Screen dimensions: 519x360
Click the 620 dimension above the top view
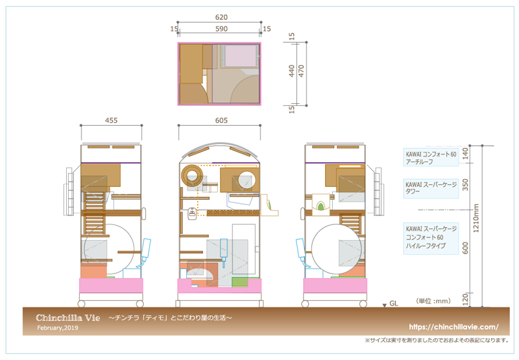[221, 18]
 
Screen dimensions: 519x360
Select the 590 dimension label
[221, 29]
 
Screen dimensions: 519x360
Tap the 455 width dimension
[111, 121]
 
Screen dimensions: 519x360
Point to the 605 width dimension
[221, 121]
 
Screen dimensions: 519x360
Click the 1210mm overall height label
[476, 218]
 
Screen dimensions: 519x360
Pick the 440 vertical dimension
[291, 71]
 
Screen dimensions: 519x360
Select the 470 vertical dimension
[301, 71]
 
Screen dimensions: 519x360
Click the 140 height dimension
[465, 154]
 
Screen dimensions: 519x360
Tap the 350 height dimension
[465, 185]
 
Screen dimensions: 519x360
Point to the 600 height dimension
[465, 248]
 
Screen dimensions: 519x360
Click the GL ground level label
[394, 304]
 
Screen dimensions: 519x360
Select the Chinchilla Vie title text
[68, 318]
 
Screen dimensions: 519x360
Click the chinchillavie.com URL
[453, 327]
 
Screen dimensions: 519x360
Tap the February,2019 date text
[58, 328]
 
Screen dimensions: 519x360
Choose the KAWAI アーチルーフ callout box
[431, 158]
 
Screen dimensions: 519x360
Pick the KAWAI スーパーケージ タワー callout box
[431, 188]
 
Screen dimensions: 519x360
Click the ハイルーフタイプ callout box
[431, 238]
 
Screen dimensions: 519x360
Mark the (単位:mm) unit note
[433, 301]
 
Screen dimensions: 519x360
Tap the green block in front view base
[239, 282]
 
